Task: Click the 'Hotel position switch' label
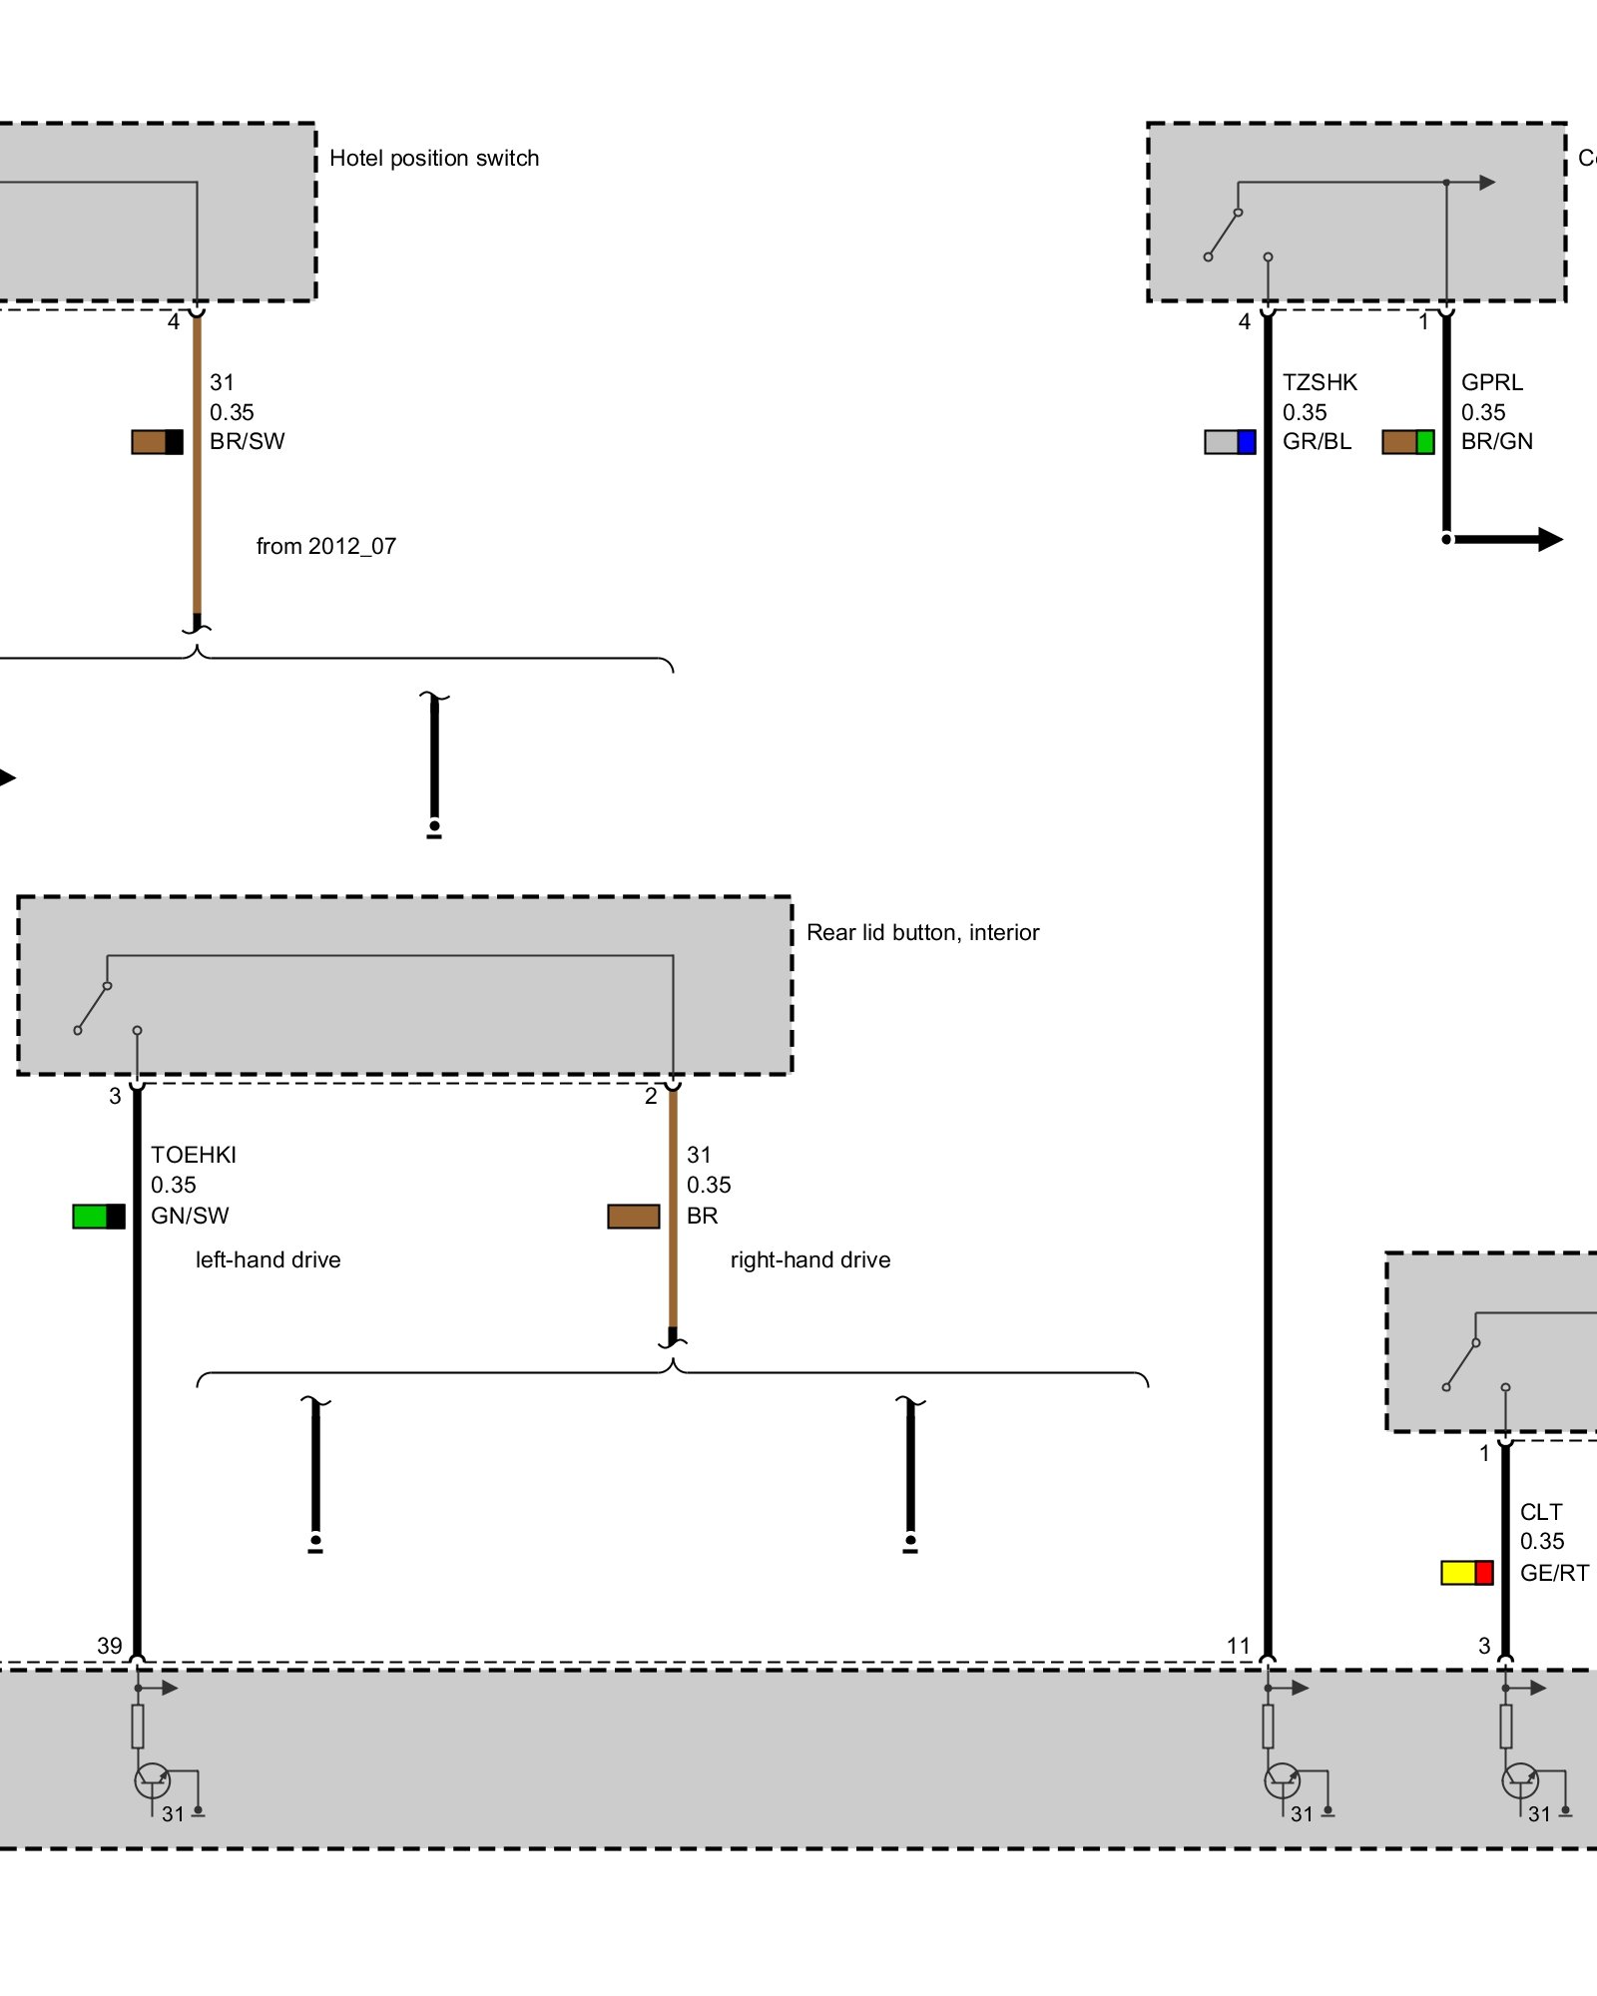433,158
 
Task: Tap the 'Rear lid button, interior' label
922,932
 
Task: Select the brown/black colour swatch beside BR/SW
157,442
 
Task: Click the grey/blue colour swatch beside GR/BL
1230,442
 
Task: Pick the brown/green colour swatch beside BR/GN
1407,442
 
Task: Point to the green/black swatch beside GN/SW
99,1216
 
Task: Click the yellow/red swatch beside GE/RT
1466,1573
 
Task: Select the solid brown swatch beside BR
633,1216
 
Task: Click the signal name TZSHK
1320,382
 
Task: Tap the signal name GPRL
1491,382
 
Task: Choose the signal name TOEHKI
194,1155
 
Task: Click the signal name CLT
1540,1512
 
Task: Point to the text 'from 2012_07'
325,546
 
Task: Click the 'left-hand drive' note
267,1259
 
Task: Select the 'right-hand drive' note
809,1259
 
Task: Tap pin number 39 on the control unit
110,1645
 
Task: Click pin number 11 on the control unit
1238,1645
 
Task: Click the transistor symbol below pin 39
152,1780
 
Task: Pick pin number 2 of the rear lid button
651,1096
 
